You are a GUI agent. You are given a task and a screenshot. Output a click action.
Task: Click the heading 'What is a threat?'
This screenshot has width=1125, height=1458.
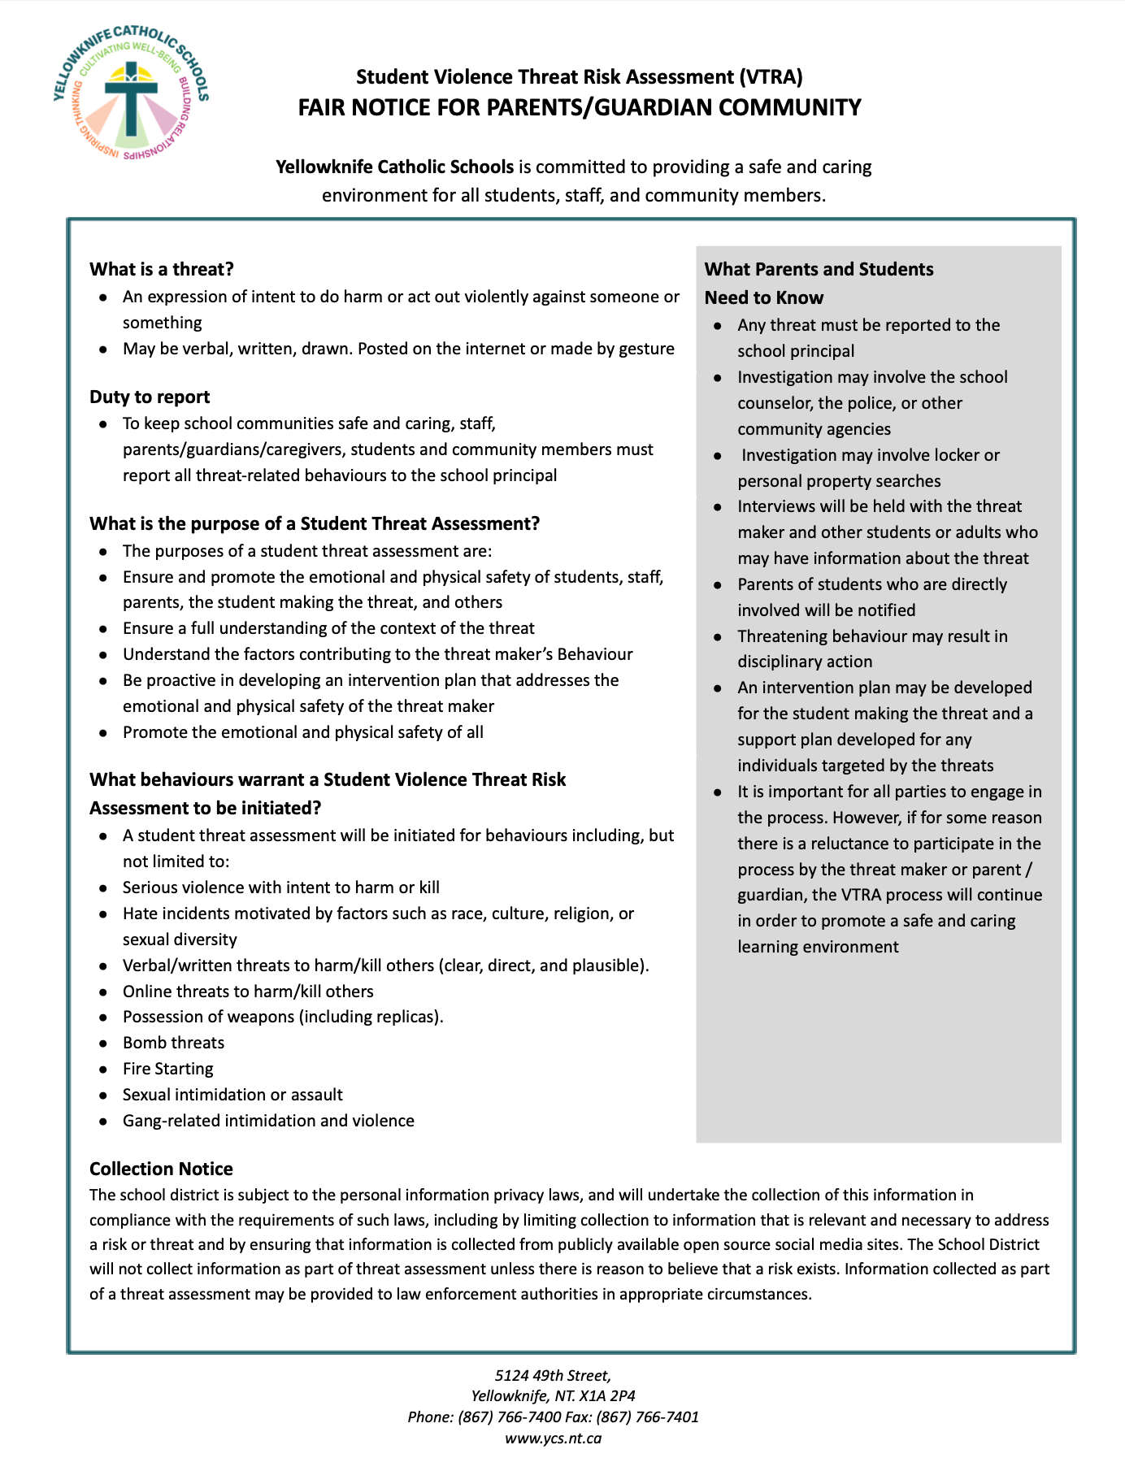(162, 269)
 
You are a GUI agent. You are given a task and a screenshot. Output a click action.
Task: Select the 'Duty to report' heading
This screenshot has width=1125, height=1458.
(150, 397)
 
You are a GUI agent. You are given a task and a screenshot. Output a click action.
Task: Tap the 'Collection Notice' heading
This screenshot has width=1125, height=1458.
(161, 1169)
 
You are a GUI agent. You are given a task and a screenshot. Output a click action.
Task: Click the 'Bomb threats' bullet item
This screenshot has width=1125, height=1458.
(173, 1043)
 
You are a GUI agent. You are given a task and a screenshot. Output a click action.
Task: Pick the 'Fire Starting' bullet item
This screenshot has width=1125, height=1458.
(167, 1069)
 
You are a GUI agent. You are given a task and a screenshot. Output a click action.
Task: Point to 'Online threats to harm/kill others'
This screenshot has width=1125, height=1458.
(248, 992)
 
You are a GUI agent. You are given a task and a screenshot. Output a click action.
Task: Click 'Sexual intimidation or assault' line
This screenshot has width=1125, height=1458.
(232, 1095)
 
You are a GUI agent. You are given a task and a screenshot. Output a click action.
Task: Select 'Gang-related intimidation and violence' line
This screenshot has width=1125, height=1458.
(268, 1121)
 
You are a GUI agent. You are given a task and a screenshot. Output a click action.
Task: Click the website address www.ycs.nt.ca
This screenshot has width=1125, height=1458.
(553, 1438)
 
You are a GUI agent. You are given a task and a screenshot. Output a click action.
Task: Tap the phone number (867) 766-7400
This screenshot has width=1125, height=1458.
(509, 1417)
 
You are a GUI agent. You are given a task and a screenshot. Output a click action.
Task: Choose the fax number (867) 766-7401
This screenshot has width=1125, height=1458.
(647, 1417)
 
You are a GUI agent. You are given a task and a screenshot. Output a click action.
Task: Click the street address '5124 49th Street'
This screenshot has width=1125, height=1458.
(553, 1375)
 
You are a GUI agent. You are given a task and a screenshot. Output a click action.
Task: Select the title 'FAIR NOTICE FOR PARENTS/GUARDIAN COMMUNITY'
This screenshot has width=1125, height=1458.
(579, 107)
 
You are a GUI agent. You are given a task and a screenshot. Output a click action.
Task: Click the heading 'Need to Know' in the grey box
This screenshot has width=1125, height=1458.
(763, 297)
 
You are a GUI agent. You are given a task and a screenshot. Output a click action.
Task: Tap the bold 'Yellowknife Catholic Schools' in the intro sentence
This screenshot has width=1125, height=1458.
(394, 167)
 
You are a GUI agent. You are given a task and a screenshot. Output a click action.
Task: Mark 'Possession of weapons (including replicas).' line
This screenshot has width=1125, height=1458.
(283, 1017)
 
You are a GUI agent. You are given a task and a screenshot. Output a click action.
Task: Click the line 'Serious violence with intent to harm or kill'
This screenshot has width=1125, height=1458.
(280, 887)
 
